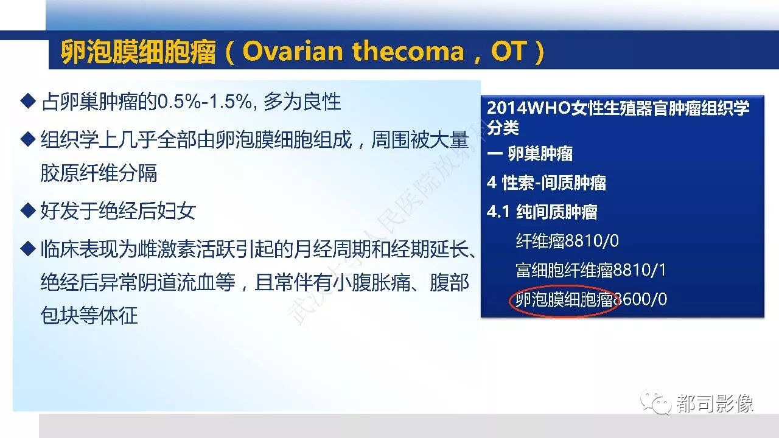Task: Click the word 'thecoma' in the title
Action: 408,52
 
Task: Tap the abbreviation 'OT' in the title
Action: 508,52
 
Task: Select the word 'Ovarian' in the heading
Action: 293,52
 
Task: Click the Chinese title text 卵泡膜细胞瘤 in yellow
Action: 138,52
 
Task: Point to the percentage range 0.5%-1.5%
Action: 204,102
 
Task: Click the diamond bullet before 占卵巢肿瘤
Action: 28,101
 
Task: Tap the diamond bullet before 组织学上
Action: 28,139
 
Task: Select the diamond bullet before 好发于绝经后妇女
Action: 28,210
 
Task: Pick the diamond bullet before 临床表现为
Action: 28,249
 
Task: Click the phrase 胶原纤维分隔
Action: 99,173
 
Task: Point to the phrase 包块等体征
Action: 89,315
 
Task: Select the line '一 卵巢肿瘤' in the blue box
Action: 529,154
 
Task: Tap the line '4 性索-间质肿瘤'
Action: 547,183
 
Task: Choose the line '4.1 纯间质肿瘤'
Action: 542,212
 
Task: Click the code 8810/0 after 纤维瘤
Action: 592,240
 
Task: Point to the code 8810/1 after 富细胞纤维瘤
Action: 639,270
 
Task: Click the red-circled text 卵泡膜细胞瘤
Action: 564,299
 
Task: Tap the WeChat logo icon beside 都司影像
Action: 656,402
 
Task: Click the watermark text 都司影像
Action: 714,404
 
